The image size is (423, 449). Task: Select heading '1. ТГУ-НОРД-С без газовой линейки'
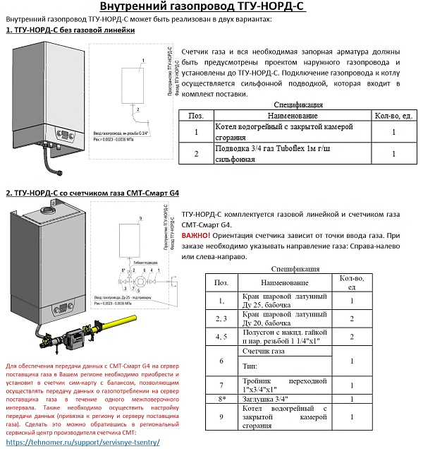pos(70,30)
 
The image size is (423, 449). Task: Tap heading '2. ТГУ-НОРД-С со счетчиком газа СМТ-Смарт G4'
pos(92,193)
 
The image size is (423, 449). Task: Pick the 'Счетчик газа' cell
pos(264,351)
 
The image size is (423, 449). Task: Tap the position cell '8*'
pos(221,399)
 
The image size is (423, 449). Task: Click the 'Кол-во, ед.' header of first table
pos(393,115)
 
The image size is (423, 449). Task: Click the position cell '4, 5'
pos(221,337)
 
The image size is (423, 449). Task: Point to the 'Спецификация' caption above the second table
pos(295,268)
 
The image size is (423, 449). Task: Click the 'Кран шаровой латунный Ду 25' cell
pos(284,301)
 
